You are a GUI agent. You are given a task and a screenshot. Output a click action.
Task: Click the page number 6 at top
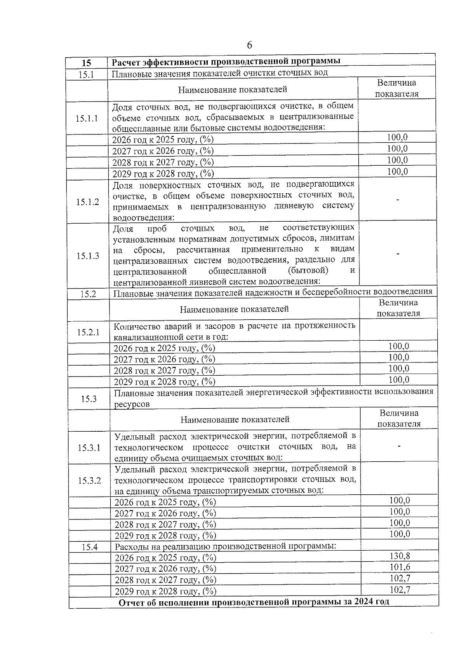(x=249, y=45)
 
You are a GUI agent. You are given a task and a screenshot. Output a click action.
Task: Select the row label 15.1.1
(x=87, y=119)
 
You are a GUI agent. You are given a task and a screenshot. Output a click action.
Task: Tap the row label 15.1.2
(x=88, y=201)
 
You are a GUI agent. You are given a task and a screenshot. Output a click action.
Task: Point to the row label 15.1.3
(x=88, y=256)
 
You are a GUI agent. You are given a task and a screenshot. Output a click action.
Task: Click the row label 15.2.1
(x=88, y=332)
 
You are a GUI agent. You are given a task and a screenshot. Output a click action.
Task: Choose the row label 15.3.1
(x=89, y=448)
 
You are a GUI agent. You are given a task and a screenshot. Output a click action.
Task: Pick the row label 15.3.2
(x=89, y=481)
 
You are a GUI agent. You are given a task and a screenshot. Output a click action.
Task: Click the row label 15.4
(x=90, y=547)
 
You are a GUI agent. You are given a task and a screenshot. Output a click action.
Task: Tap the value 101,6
(x=400, y=567)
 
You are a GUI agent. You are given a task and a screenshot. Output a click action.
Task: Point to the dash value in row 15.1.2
(x=397, y=200)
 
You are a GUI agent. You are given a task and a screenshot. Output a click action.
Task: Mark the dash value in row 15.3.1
(x=399, y=446)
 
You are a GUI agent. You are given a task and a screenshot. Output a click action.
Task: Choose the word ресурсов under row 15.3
(x=132, y=404)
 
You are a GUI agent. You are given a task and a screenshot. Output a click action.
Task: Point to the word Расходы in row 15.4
(x=131, y=546)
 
